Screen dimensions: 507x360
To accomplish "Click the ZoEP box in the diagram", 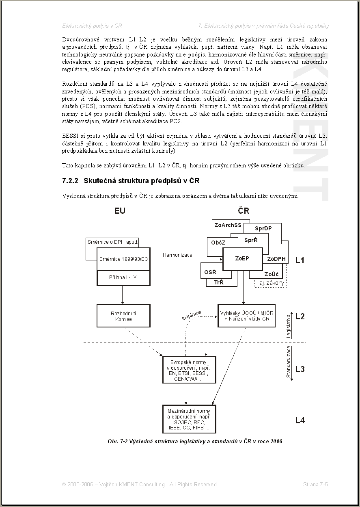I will tap(242, 258).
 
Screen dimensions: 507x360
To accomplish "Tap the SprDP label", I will tap(263, 229).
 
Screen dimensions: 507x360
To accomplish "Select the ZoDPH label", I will tap(276, 259).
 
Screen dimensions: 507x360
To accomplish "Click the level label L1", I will tap(300, 260).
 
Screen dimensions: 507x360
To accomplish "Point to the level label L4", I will tap(300, 420).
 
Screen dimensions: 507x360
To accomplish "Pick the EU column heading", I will tap(120, 211).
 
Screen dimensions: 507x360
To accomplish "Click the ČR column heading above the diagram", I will tap(244, 211).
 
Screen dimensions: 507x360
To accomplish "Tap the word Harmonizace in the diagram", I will tap(177, 255).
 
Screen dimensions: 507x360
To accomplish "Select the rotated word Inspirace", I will tap(191, 315).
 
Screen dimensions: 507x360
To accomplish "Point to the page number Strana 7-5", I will tap(315, 484).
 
